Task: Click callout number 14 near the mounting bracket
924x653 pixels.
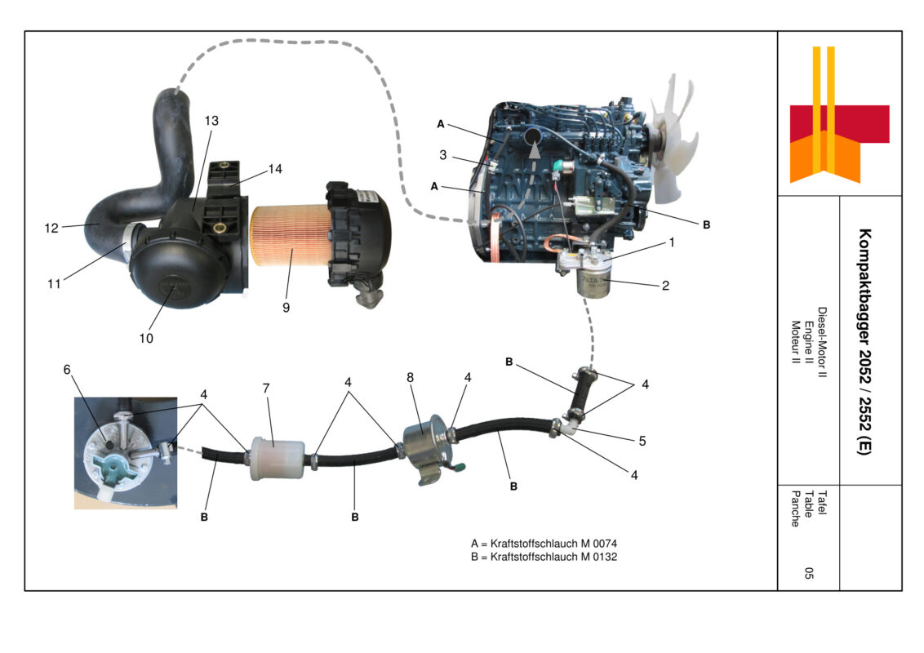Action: (275, 170)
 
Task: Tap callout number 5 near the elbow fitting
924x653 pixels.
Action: (642, 440)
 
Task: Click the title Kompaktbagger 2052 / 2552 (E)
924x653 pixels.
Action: (864, 341)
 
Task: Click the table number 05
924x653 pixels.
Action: (808, 573)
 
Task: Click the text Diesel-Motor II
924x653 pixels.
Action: (822, 343)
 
